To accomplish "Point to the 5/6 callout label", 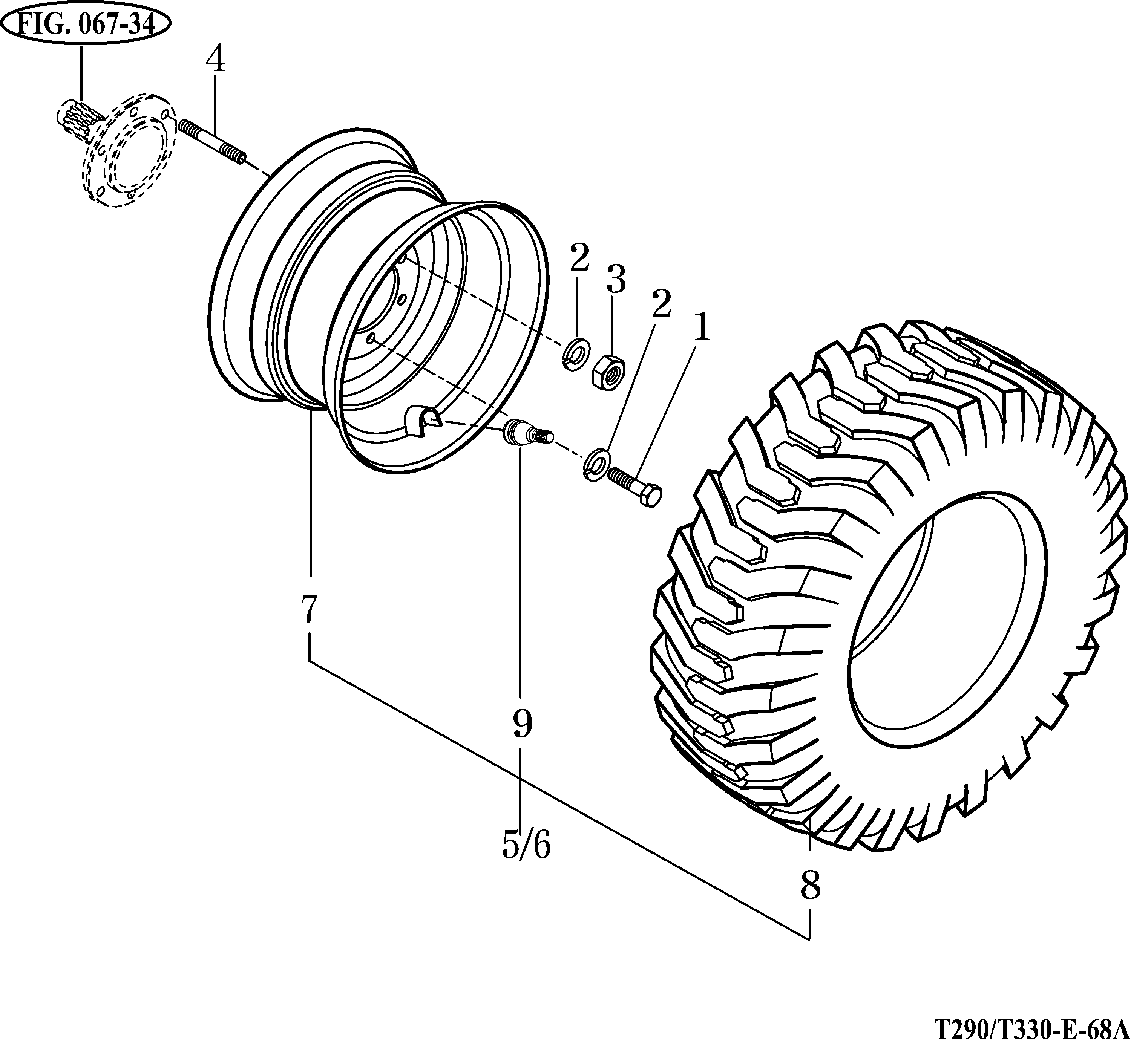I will (x=526, y=846).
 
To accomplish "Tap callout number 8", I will (x=810, y=885).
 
